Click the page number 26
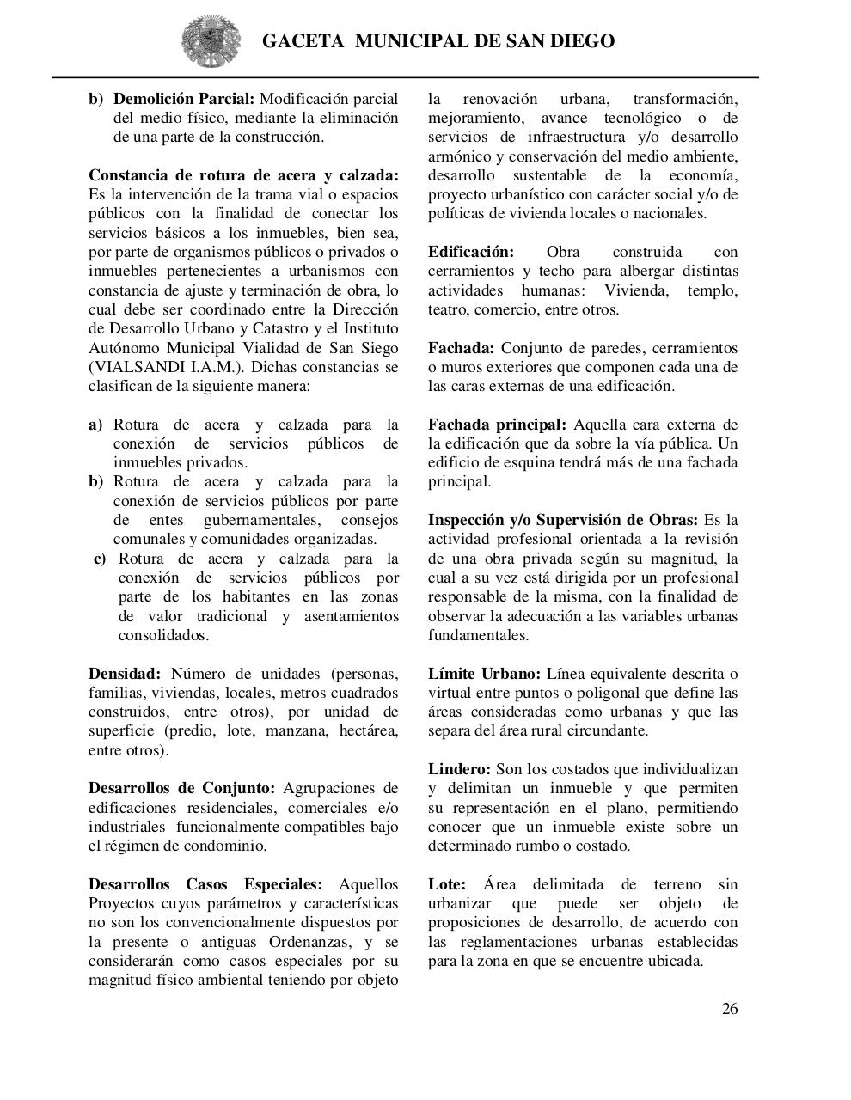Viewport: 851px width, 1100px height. (x=729, y=1009)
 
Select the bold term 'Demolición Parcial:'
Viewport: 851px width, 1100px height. (x=184, y=99)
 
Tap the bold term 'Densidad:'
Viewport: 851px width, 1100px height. (x=125, y=674)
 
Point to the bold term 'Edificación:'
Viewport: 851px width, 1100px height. (x=471, y=252)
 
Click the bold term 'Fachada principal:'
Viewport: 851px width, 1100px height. (x=497, y=425)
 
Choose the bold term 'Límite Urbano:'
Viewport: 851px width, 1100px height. (x=484, y=674)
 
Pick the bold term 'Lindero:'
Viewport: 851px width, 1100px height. (x=460, y=769)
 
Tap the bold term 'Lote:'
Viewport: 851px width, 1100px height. (x=447, y=884)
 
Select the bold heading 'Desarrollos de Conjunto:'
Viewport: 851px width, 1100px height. (x=181, y=788)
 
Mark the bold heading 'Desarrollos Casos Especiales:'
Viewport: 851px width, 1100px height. (x=205, y=884)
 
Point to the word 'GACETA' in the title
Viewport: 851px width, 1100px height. (x=303, y=41)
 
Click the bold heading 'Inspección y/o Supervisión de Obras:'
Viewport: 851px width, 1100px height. (x=563, y=520)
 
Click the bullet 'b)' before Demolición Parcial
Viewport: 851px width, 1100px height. (x=95, y=99)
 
